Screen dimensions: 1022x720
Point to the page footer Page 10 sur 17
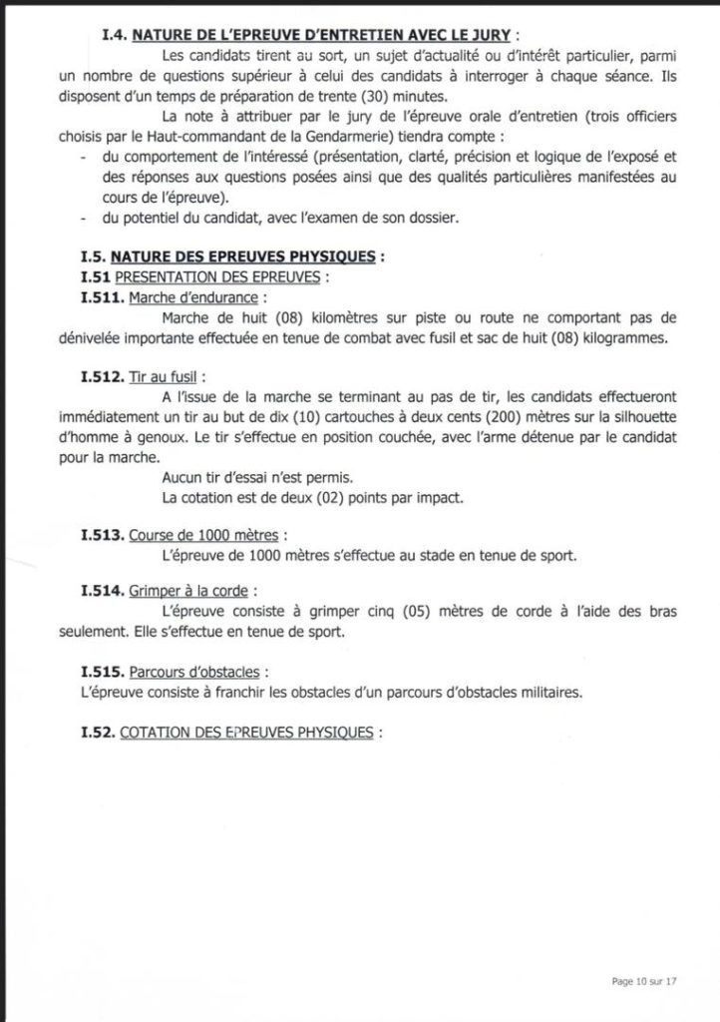click(x=644, y=982)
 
